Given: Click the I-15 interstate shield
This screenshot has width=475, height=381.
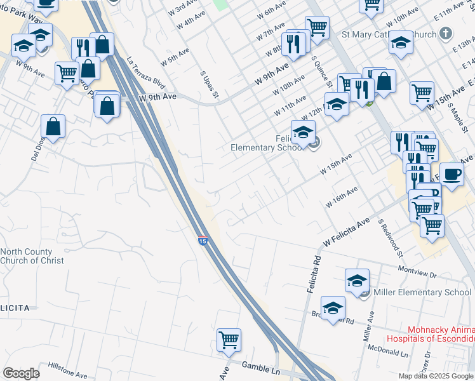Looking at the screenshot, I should tap(202, 241).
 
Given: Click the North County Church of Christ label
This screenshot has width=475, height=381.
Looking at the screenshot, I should tap(32, 256).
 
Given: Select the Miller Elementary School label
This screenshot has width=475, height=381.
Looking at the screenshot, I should tap(422, 292).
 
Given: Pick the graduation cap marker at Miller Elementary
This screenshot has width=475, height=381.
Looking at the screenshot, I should tap(358, 279).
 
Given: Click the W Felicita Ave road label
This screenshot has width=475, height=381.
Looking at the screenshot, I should tap(346, 232).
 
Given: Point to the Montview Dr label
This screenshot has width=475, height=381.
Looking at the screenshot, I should tap(417, 271).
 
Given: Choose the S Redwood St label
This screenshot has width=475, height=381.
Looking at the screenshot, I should tap(391, 238).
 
